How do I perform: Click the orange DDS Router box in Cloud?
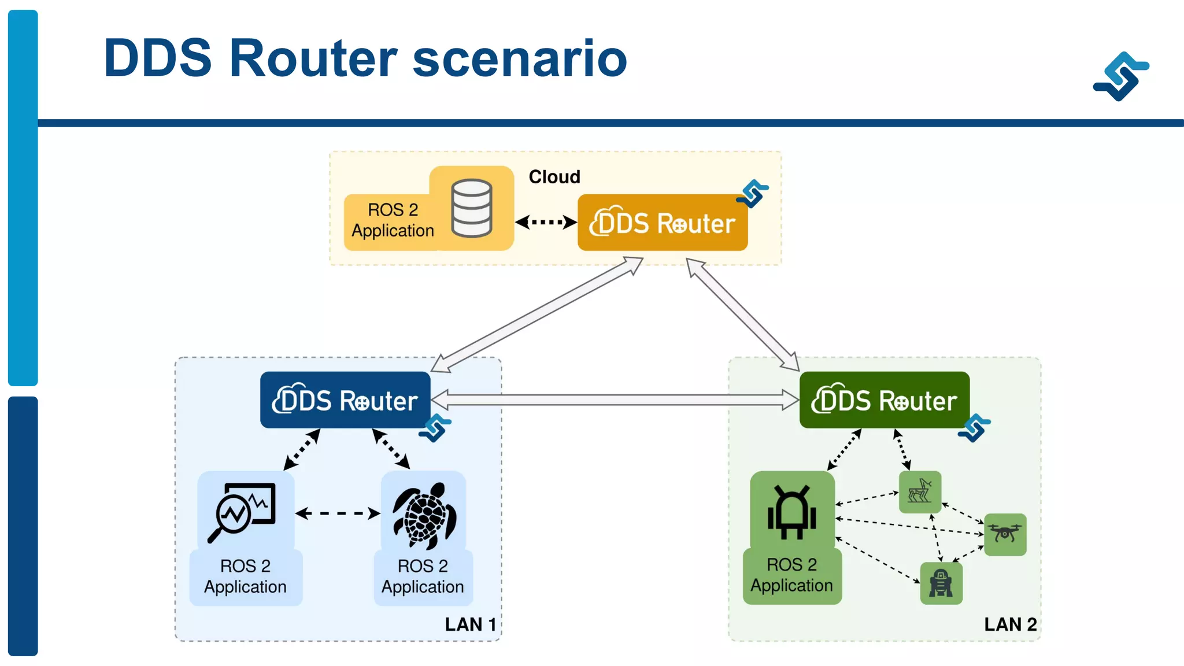click(663, 223)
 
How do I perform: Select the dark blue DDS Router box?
click(345, 400)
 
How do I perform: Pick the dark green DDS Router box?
click(884, 400)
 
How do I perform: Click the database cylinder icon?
click(472, 208)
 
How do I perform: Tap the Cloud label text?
click(554, 177)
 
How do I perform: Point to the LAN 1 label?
click(470, 624)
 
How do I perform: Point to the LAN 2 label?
click(1010, 624)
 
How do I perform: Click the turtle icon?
click(425, 515)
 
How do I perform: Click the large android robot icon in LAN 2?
click(791, 512)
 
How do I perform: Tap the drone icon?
click(1005, 533)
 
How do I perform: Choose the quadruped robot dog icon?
click(920, 491)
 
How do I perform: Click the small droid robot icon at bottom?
click(941, 583)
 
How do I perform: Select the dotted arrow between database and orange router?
click(545, 222)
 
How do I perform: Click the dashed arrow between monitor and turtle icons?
click(338, 513)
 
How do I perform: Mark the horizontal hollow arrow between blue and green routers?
click(615, 399)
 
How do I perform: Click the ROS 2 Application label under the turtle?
click(423, 576)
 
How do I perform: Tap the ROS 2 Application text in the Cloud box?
click(393, 220)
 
